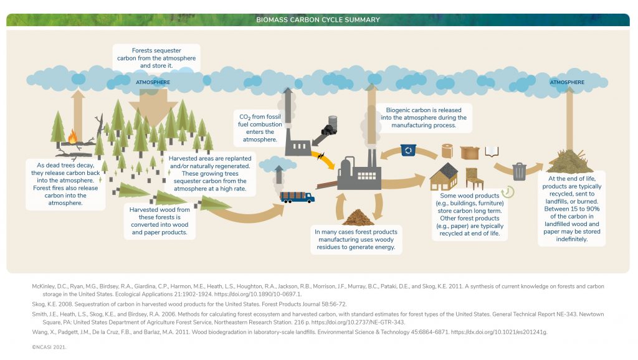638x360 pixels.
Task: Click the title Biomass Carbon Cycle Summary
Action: [318, 20]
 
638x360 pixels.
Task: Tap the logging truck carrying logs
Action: [297, 197]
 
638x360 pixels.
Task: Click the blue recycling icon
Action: [409, 150]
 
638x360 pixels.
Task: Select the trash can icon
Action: [519, 171]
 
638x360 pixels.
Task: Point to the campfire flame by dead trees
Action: [73, 136]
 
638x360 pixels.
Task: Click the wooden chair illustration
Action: [475, 181]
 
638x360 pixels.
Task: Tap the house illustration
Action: [444, 178]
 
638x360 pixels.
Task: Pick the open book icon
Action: [492, 151]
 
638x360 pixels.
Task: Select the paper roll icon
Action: [448, 151]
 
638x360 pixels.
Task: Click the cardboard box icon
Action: [470, 151]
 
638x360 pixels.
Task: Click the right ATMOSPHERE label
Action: [566, 82]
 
